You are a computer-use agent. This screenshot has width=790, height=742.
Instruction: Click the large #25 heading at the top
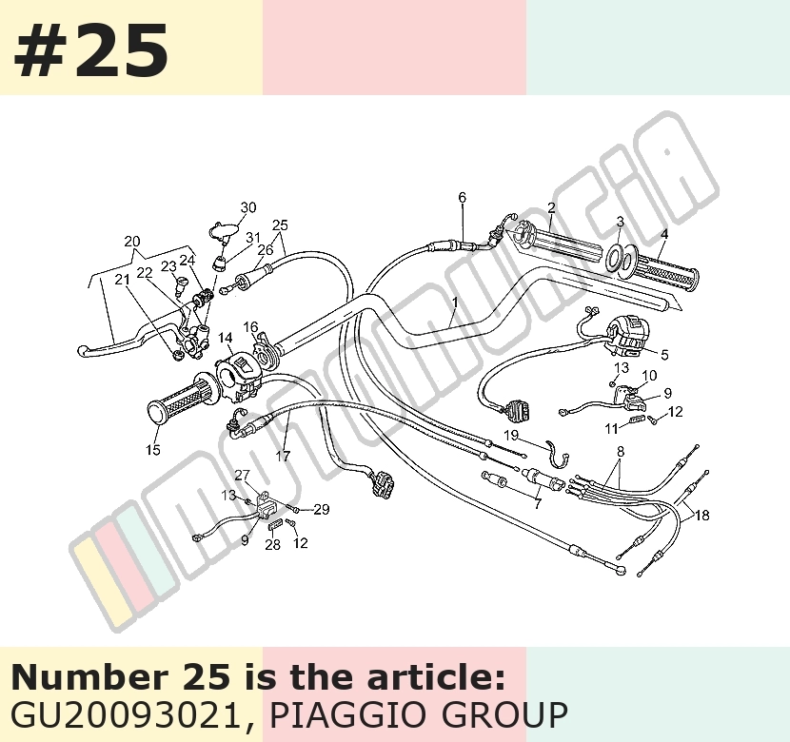tap(90, 49)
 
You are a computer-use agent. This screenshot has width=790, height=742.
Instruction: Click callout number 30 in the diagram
tap(247, 207)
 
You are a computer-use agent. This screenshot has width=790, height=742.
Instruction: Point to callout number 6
tap(462, 197)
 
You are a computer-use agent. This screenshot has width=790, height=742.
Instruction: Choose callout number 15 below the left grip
tap(153, 450)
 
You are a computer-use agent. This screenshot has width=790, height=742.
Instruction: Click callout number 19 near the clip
tap(511, 435)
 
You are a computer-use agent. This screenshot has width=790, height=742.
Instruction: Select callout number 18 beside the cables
tap(701, 515)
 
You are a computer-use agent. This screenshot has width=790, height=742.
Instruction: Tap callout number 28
tap(272, 544)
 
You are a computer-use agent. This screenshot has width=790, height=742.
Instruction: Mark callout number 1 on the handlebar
tap(455, 303)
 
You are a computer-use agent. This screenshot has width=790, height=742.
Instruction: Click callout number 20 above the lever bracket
tap(132, 242)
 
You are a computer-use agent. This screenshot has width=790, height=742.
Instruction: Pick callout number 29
tap(322, 510)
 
